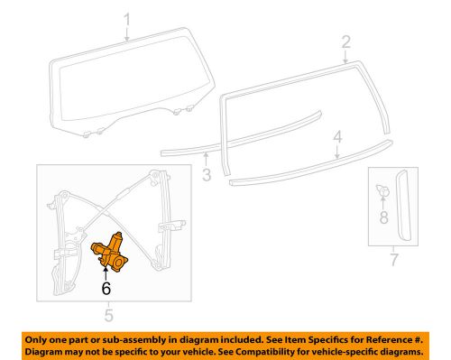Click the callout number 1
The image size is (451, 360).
127,20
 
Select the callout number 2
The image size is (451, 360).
345,42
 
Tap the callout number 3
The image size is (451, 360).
207,173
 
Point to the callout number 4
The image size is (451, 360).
337,138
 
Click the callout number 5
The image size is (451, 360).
107,315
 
